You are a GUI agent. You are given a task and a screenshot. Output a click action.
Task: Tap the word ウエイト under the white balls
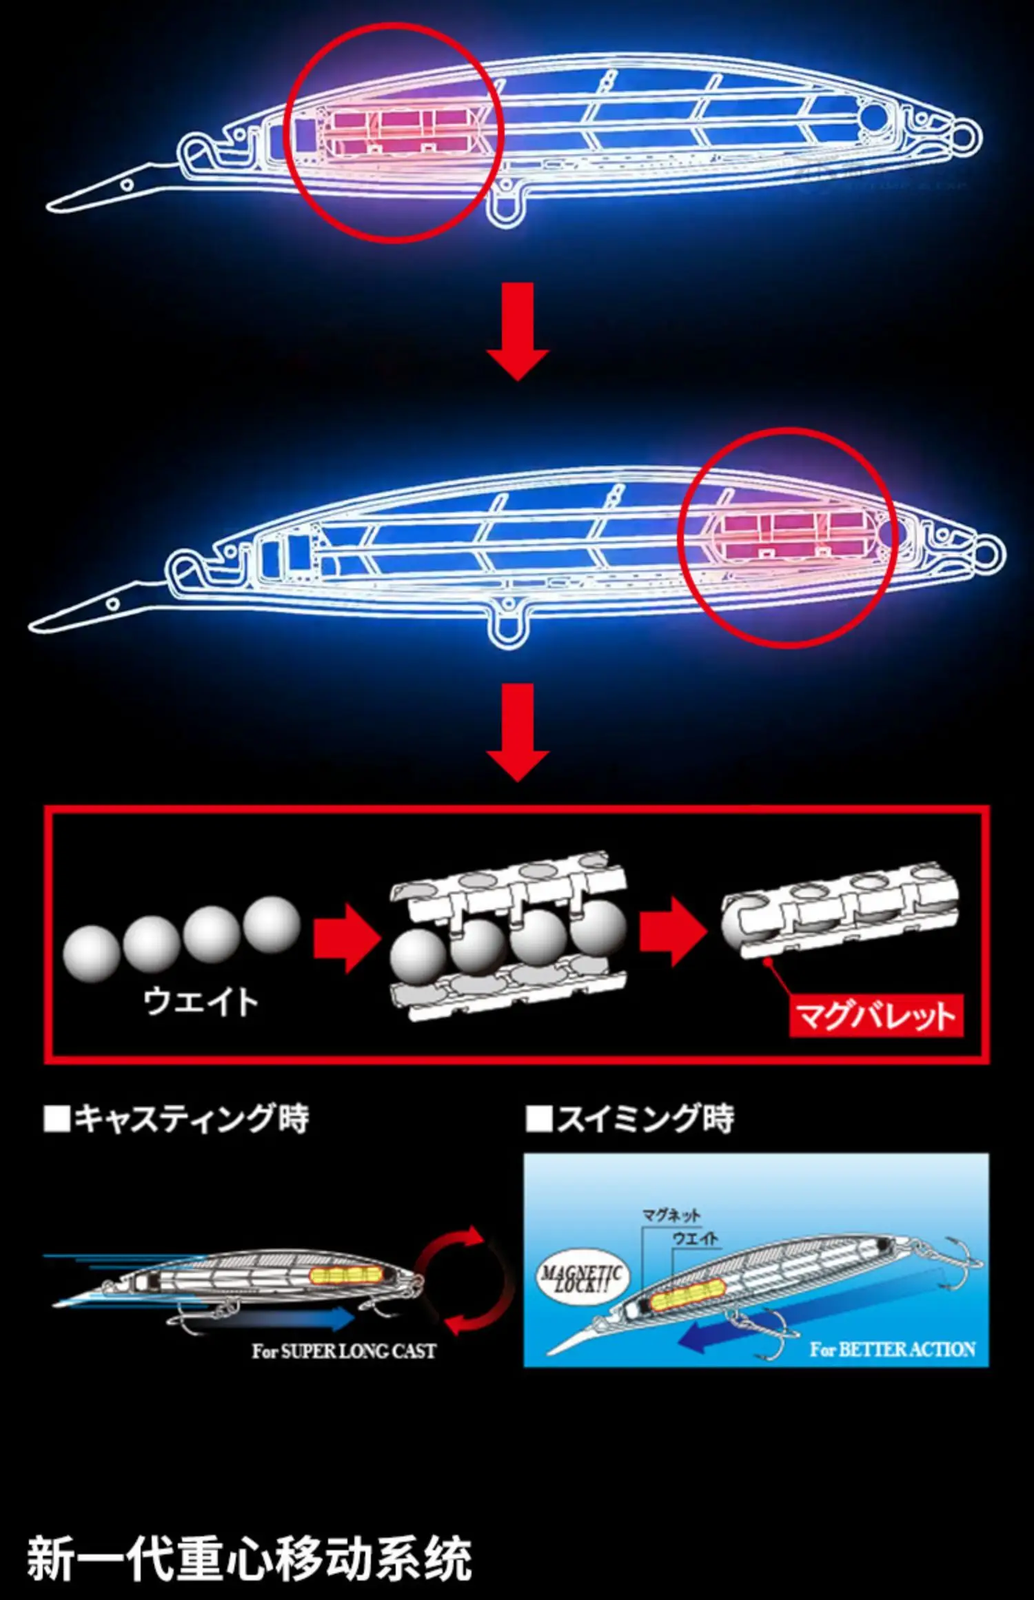(201, 1001)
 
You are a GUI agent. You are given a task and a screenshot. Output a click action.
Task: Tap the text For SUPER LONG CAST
(344, 1351)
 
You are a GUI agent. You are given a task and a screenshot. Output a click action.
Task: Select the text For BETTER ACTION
(893, 1349)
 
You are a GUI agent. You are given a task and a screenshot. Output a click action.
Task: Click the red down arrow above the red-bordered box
(518, 732)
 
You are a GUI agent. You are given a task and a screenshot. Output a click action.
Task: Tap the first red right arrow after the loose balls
(346, 938)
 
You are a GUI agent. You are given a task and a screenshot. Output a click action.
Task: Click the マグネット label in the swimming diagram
(671, 1214)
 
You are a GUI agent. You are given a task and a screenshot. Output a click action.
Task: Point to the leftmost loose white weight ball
(91, 953)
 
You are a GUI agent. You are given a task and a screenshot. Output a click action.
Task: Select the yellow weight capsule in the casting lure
(345, 1274)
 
